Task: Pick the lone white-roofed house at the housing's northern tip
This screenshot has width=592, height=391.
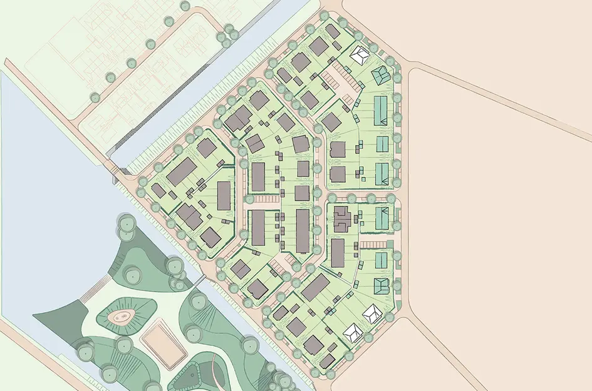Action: (x=360, y=56)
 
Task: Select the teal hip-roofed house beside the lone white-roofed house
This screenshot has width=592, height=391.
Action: (x=380, y=76)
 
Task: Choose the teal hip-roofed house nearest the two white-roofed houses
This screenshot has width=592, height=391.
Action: (x=382, y=286)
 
